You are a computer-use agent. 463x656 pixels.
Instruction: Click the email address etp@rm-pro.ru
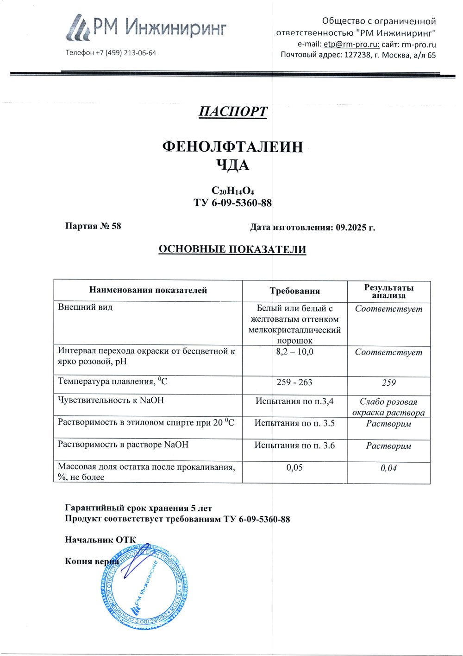[x=351, y=45]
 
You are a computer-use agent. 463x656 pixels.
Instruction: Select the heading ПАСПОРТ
[x=233, y=112]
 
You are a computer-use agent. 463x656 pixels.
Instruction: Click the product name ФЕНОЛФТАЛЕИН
[x=232, y=147]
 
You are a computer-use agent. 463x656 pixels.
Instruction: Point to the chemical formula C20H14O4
[x=232, y=191]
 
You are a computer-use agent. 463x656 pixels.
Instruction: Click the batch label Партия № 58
[x=93, y=226]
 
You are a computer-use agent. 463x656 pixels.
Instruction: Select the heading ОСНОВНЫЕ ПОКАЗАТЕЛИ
[x=232, y=249]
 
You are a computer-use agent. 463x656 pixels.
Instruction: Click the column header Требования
[x=295, y=291]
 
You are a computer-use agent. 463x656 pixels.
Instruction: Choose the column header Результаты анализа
[x=388, y=291]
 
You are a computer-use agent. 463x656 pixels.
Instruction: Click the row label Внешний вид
[x=85, y=307]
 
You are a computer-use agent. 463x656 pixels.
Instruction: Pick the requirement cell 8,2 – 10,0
[x=294, y=352]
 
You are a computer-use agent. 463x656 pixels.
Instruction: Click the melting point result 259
[x=388, y=383]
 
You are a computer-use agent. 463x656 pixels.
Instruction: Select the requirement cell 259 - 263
[x=294, y=382]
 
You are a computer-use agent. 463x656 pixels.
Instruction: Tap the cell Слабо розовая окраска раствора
[x=388, y=407]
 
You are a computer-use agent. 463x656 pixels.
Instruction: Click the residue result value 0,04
[x=388, y=468]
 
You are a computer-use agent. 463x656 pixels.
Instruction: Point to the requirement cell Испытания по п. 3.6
[x=294, y=446]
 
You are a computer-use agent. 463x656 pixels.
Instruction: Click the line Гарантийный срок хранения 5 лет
[x=138, y=508]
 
